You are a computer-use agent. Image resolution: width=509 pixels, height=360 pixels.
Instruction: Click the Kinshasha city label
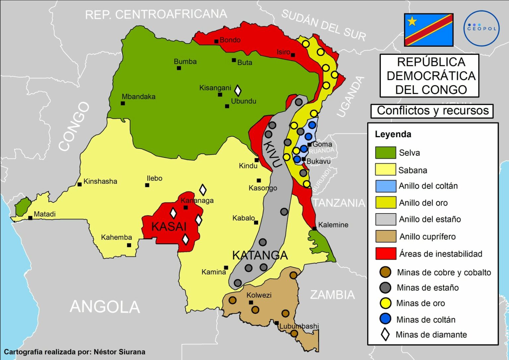(x=100, y=181)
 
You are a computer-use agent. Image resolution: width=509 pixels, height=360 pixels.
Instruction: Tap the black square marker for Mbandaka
(x=123, y=103)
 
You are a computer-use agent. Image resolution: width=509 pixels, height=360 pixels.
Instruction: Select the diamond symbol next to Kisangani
(x=238, y=90)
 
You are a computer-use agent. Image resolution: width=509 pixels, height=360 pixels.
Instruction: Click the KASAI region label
(x=169, y=227)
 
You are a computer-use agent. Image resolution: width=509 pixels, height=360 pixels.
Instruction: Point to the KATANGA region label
(x=260, y=255)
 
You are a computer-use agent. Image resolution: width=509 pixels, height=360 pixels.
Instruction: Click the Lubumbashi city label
(x=299, y=326)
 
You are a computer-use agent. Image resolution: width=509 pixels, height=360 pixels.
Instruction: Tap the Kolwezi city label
(x=259, y=295)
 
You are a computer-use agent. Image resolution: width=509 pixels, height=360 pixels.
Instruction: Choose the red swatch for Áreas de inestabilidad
(x=385, y=254)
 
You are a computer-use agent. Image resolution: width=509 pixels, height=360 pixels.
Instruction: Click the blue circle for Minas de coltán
(x=385, y=319)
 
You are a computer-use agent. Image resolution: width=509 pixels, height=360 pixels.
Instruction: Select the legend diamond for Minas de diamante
(x=385, y=334)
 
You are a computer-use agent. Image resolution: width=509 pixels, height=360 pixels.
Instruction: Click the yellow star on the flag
(x=412, y=22)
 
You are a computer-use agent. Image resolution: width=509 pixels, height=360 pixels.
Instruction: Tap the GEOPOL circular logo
(x=481, y=28)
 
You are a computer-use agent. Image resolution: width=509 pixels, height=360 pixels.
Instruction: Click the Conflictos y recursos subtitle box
(x=432, y=111)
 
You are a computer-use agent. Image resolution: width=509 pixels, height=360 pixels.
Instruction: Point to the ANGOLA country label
(x=105, y=307)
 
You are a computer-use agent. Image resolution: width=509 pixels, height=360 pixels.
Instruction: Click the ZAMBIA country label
(x=332, y=295)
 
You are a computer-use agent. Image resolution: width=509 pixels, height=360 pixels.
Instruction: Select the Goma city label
(x=322, y=144)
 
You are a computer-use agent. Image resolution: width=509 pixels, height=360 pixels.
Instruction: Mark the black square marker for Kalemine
(x=314, y=228)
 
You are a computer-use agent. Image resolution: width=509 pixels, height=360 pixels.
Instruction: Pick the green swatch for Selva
(x=385, y=153)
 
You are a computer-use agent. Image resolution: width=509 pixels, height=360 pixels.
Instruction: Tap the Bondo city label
(x=230, y=40)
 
